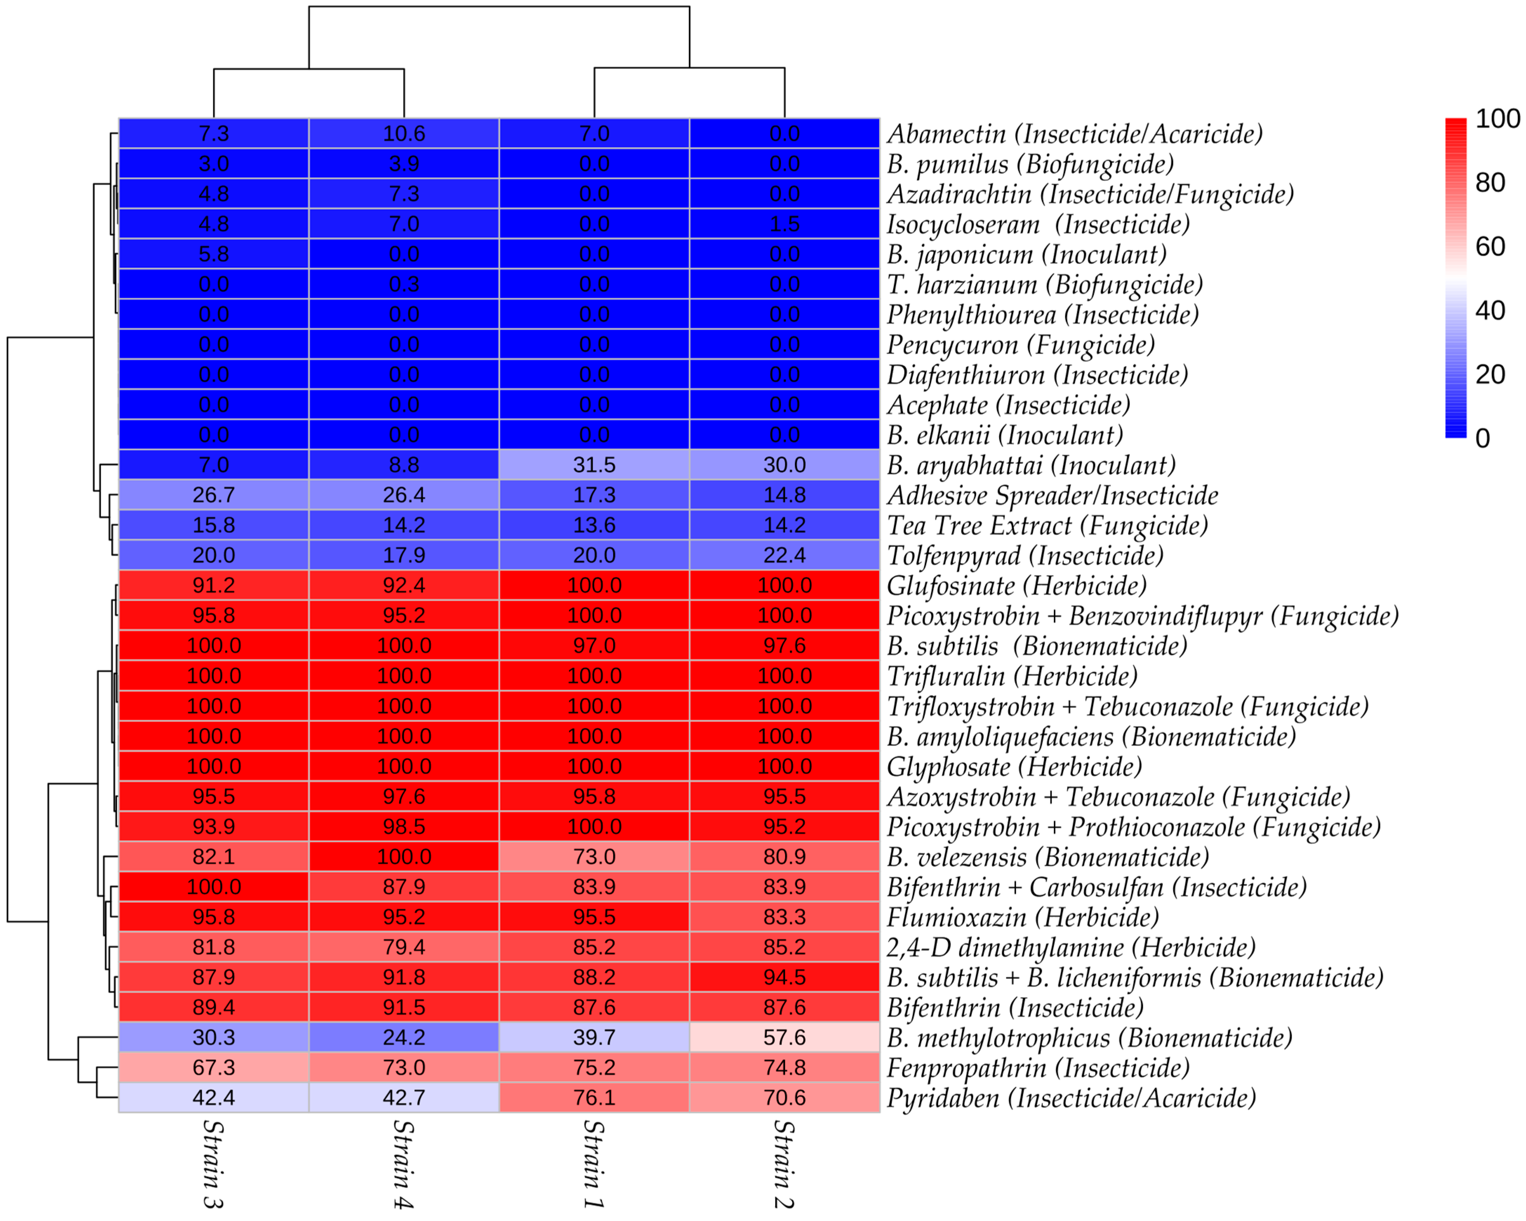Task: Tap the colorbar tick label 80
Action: (x=1490, y=182)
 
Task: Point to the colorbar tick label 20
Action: (x=1490, y=374)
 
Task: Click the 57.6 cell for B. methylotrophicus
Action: (x=784, y=1037)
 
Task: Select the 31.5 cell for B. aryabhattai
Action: (x=594, y=465)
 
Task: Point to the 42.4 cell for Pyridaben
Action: (x=214, y=1098)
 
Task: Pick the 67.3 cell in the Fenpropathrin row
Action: (x=214, y=1067)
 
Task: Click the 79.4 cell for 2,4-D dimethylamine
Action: (x=404, y=947)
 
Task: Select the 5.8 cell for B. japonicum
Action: (x=214, y=254)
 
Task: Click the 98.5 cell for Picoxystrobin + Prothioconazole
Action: (x=404, y=827)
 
